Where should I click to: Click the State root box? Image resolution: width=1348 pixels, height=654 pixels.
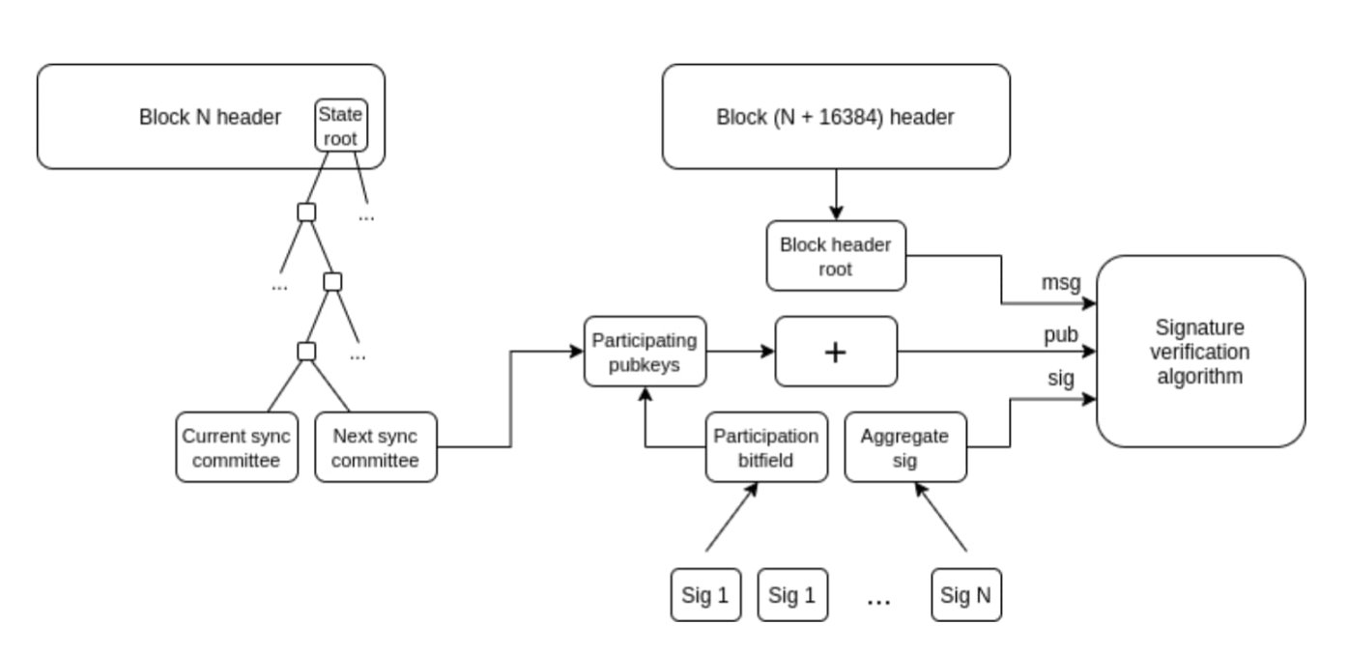[342, 127]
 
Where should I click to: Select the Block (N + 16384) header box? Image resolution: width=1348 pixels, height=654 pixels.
[836, 117]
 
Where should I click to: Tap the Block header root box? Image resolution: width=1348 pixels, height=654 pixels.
[836, 256]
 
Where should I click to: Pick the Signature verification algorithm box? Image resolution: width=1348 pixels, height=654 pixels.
[1200, 352]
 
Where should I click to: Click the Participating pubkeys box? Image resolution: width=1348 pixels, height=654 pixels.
[645, 352]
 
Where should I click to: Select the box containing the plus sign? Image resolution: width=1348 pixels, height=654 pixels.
[836, 352]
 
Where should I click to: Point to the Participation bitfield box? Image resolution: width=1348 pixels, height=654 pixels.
[766, 448]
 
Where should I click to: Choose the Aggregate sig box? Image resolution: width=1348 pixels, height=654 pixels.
[904, 448]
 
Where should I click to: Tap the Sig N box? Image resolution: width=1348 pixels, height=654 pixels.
[966, 595]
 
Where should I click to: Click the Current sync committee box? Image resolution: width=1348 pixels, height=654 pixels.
[237, 448]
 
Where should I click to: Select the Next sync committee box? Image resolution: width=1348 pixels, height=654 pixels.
[376, 448]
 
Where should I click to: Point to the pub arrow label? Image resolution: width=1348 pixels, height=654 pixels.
[1060, 334]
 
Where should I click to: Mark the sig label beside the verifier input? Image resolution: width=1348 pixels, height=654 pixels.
[1060, 378]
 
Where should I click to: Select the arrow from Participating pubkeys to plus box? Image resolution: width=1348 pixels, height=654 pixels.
[740, 352]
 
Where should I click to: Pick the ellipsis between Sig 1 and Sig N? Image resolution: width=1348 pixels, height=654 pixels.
[878, 599]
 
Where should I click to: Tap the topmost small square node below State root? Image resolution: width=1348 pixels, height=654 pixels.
[306, 212]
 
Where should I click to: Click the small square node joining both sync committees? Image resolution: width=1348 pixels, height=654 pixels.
[306, 351]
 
